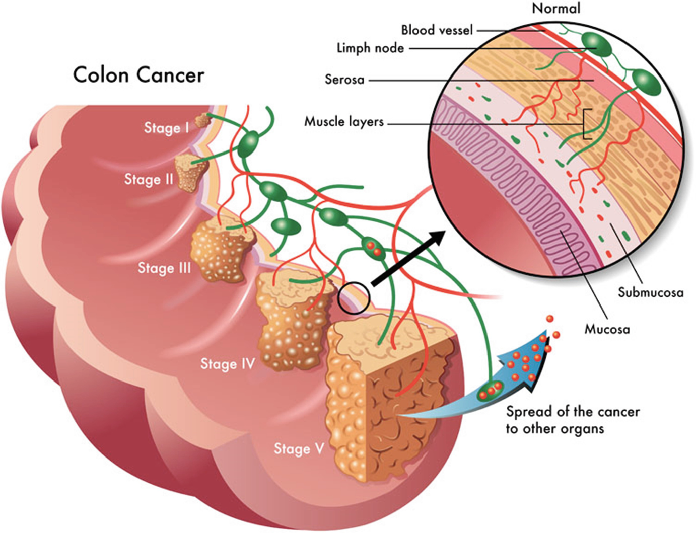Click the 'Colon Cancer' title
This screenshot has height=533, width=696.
click(x=138, y=75)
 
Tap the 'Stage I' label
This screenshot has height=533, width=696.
click(x=166, y=128)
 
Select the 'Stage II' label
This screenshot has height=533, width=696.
click(x=149, y=179)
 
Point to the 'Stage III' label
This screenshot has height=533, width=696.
click(x=164, y=268)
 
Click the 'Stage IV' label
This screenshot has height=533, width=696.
click(x=228, y=363)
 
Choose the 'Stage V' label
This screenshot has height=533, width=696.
click(x=299, y=448)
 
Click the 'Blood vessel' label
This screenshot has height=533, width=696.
click(x=437, y=30)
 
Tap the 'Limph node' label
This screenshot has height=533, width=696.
click(x=370, y=48)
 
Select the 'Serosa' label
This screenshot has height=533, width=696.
click(x=344, y=80)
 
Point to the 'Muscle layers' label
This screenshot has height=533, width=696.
click(x=344, y=122)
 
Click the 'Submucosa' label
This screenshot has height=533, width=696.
click(x=651, y=292)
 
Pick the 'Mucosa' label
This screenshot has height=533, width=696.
click(x=607, y=329)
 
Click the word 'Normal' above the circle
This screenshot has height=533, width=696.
click(x=556, y=8)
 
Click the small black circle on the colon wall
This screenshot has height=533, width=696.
click(x=354, y=298)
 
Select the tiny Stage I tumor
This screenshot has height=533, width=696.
click(x=202, y=120)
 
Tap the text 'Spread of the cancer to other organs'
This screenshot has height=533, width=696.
click(x=572, y=420)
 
